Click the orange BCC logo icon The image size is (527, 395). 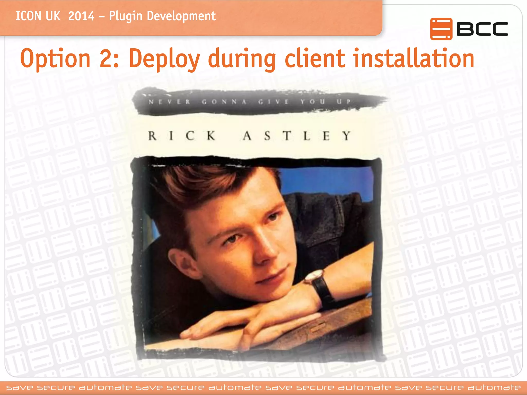tap(441, 29)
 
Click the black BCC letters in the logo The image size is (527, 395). tap(482, 29)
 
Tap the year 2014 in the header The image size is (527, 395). tap(81, 16)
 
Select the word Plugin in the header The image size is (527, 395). tap(126, 16)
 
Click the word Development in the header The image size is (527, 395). tap(181, 16)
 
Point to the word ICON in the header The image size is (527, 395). tap(28, 16)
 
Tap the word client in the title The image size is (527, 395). tap(314, 59)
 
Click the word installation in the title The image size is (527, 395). tap(414, 59)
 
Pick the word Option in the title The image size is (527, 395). tap(55, 59)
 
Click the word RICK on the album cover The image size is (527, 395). tap(182, 136)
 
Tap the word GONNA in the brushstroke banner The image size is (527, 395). tap(224, 102)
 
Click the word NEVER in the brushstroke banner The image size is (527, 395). tap(169, 102)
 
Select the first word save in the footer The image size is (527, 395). tap(20, 388)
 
